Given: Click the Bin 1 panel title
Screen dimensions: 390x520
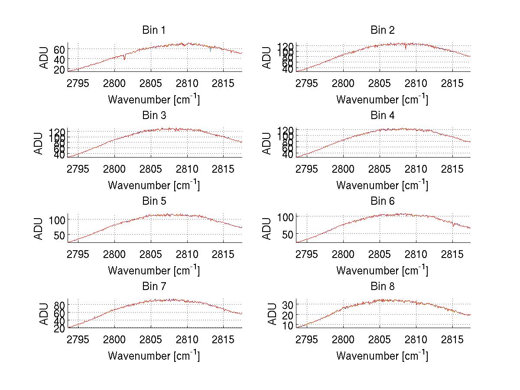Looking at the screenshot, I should (154, 30).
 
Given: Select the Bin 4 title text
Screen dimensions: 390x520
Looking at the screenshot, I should (382, 116).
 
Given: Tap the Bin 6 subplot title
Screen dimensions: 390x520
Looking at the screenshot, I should (382, 201).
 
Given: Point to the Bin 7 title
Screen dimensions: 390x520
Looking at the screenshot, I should (154, 286).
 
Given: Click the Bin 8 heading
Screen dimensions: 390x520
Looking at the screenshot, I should (382, 286).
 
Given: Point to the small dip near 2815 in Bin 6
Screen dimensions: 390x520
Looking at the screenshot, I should (453, 225).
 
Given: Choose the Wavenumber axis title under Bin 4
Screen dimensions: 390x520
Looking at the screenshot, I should (382, 185).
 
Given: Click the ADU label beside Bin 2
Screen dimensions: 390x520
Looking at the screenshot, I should (267, 57).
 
